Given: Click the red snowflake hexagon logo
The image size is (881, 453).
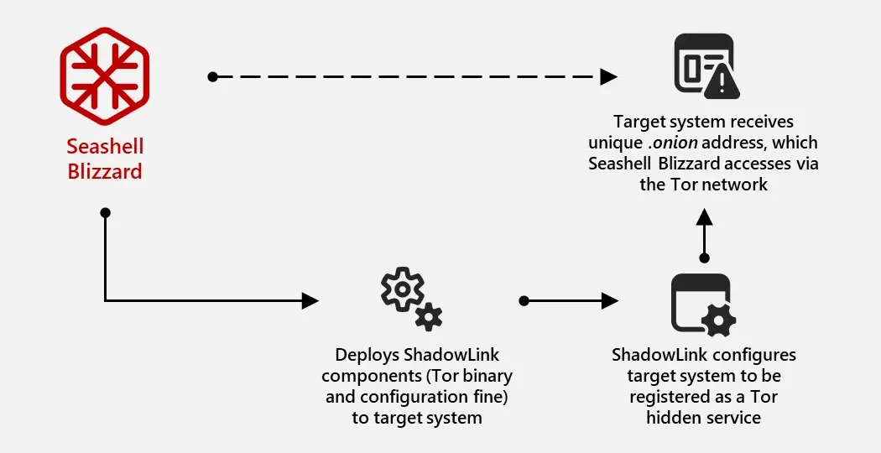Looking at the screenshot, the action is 105,75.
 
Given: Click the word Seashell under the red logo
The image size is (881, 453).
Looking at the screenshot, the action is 105,147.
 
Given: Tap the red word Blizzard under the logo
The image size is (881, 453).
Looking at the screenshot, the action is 105,171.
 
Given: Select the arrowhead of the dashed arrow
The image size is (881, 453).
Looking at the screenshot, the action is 608,76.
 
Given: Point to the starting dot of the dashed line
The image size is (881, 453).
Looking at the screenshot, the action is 212,76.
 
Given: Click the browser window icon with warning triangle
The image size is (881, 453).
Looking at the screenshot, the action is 706,66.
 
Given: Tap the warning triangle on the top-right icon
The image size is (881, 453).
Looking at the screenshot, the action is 722,85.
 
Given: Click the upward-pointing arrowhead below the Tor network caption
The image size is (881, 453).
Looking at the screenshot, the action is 704,217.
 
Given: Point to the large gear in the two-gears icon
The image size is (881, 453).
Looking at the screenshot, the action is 402,289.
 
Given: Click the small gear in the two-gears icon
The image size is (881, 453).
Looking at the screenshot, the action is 429,317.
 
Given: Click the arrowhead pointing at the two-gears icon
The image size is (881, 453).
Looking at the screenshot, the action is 310,300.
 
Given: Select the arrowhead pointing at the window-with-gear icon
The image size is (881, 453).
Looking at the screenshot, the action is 610,300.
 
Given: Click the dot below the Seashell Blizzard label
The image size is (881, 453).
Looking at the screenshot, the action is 105,212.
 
